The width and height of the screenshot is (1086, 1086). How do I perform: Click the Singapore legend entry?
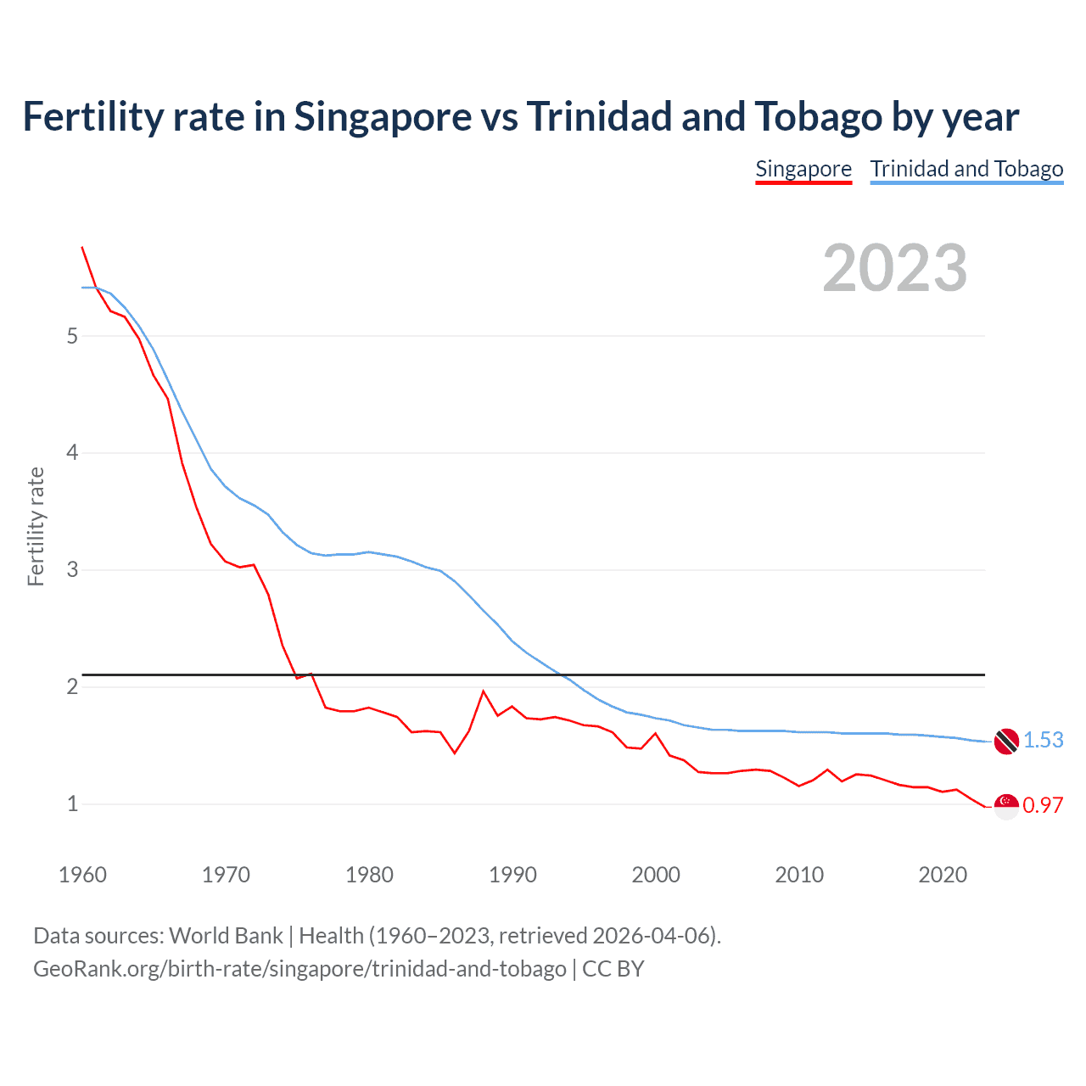tap(803, 169)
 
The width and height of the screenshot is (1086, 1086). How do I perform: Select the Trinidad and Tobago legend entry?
tap(966, 169)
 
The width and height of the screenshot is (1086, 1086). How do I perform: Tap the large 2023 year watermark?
tap(894, 268)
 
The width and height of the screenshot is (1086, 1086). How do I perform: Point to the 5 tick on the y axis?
tap(72, 336)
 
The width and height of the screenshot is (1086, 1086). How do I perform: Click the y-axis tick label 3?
tap(72, 569)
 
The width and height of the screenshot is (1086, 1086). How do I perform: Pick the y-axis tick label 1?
tap(72, 803)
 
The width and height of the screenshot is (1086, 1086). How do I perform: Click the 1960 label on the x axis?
tap(82, 875)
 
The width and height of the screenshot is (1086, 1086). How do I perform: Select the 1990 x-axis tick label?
tap(512, 875)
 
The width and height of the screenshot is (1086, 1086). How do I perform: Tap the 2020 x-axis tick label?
tap(943, 875)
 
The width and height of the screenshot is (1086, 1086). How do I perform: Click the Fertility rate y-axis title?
tap(36, 526)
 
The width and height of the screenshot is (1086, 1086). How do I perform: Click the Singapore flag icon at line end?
tap(1006, 806)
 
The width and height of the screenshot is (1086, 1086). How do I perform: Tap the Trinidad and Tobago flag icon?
tap(1006, 741)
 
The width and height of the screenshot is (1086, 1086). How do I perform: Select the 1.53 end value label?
tap(1043, 740)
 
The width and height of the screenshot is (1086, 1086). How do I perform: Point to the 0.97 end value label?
tap(1043, 805)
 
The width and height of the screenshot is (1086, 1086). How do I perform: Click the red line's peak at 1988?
tap(484, 691)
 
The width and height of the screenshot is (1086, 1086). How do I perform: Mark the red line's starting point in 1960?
tap(82, 247)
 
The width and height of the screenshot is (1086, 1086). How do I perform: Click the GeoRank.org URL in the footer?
tap(299, 968)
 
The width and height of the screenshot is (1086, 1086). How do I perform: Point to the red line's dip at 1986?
tap(455, 753)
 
